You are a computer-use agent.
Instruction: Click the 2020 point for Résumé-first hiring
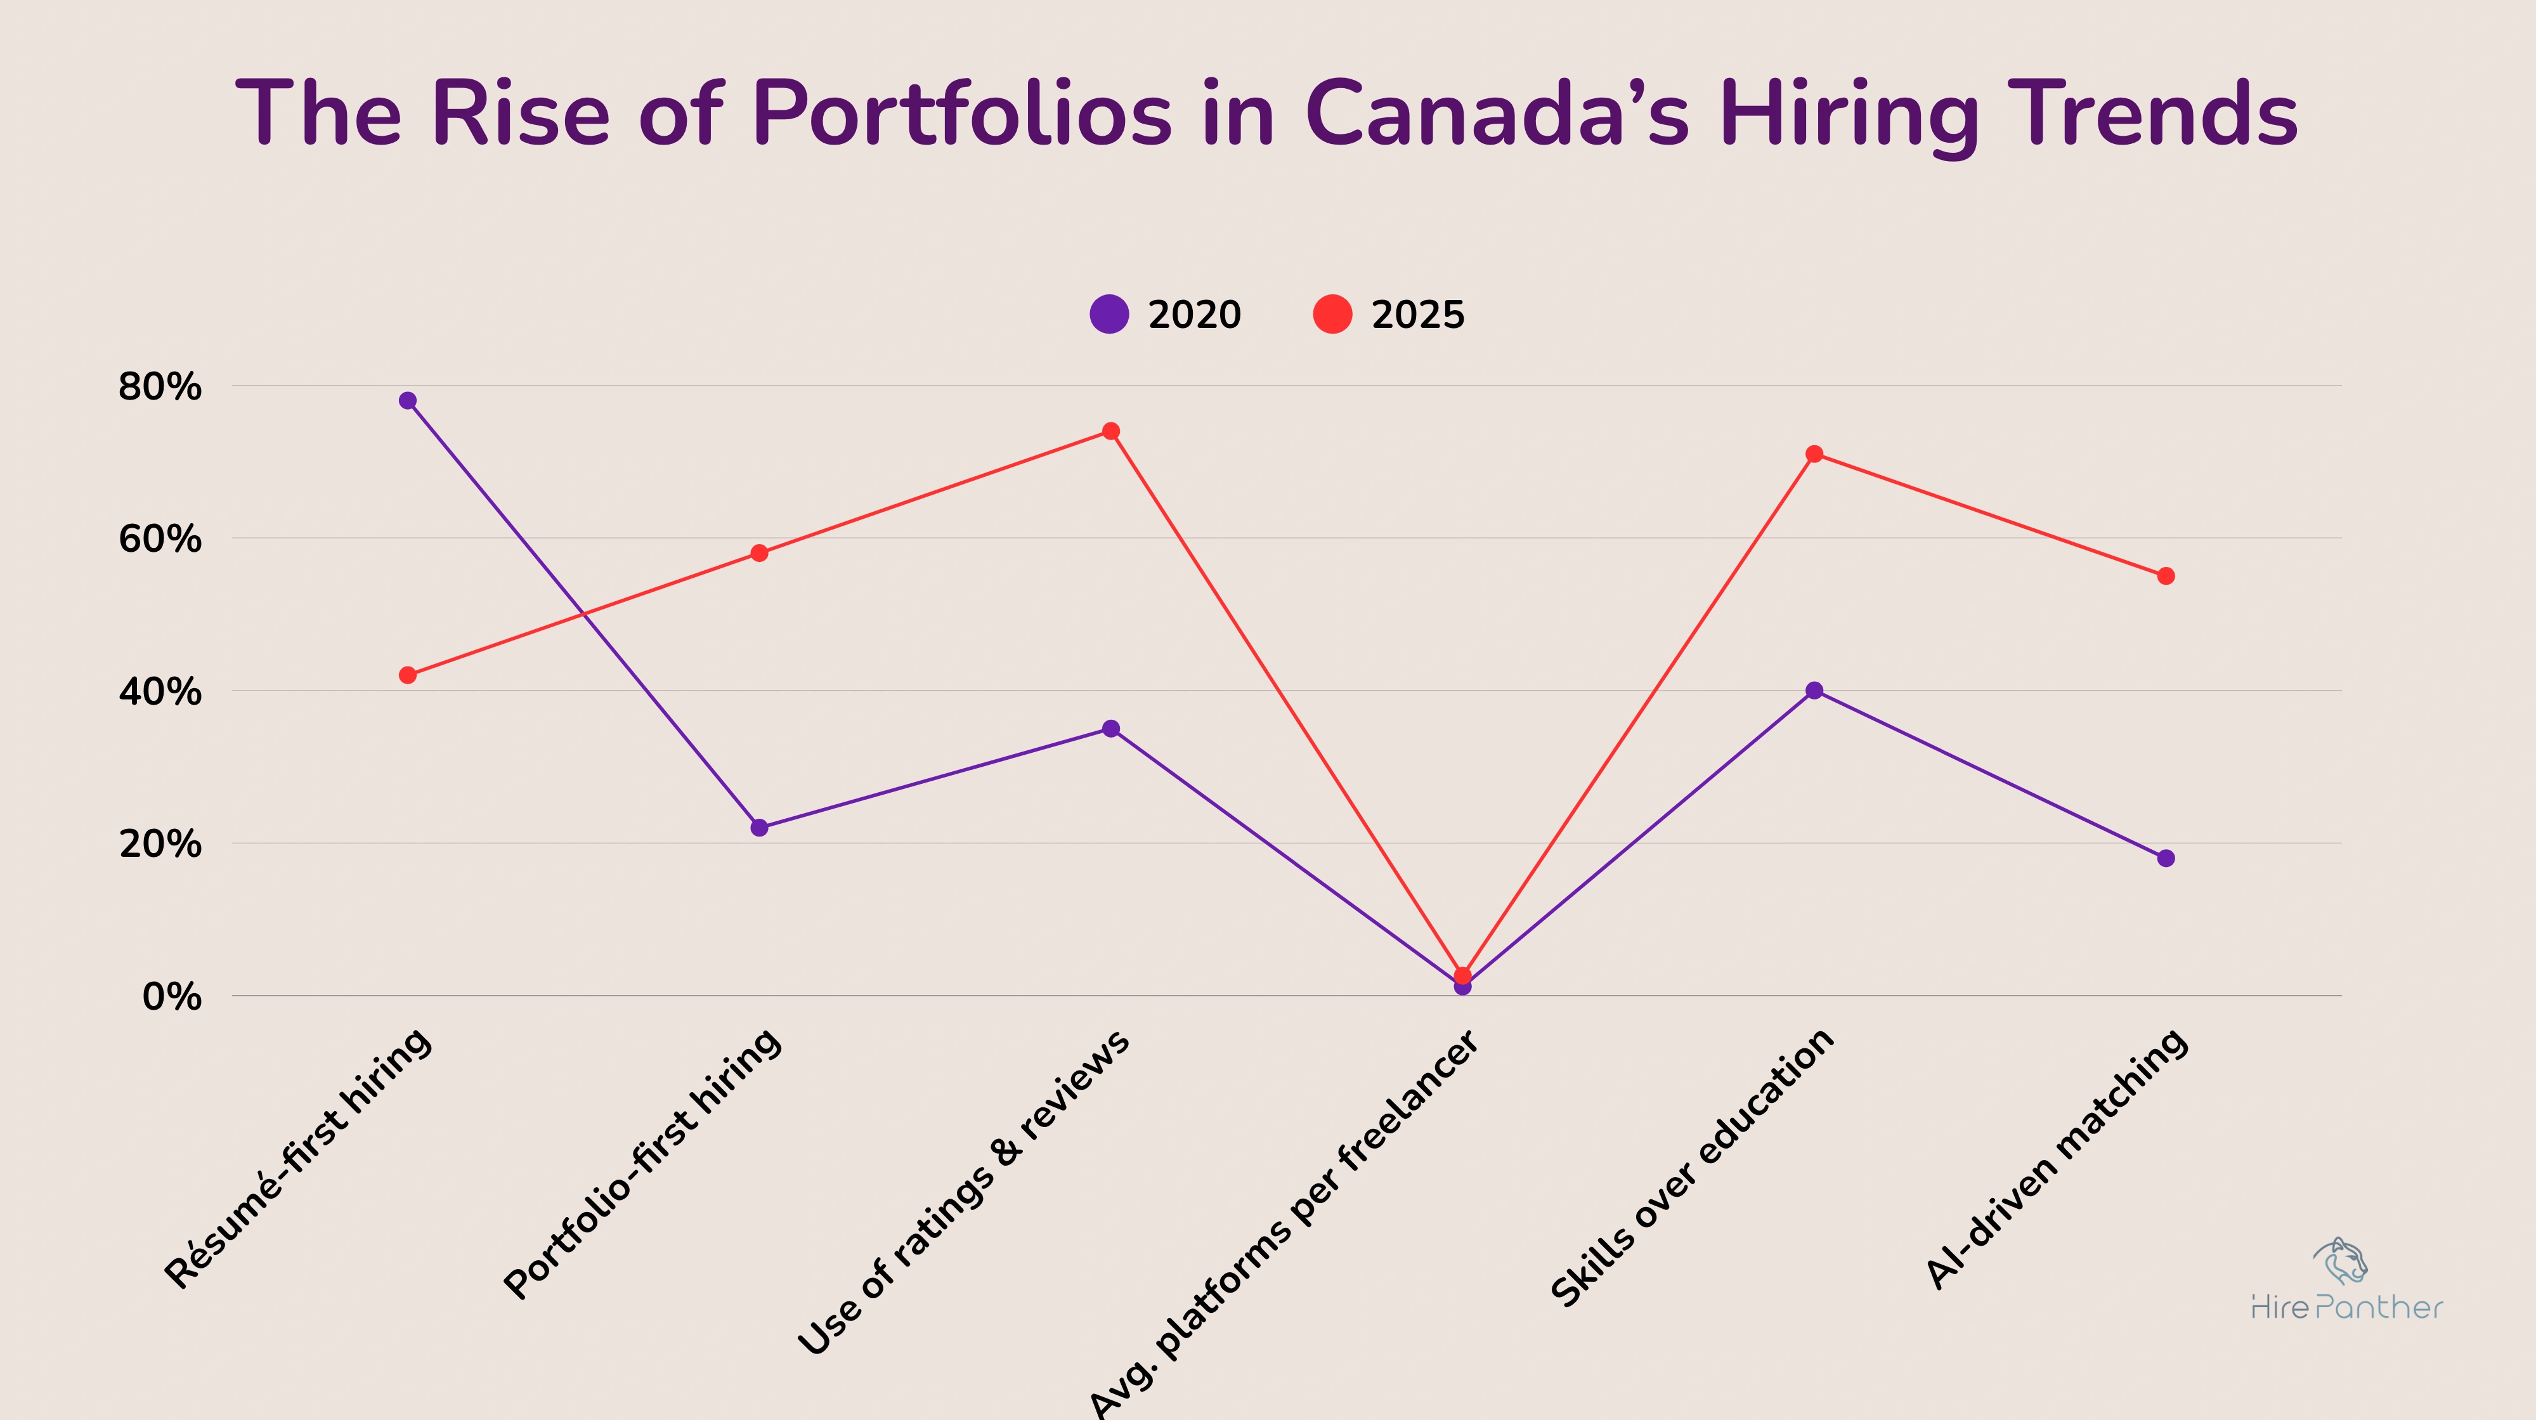408,401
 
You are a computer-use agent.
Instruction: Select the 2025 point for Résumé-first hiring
408,675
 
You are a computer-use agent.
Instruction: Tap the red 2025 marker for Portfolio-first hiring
759,554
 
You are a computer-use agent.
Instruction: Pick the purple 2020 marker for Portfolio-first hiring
759,828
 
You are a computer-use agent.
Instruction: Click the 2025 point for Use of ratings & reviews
1110,431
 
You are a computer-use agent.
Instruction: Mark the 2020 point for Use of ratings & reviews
1110,729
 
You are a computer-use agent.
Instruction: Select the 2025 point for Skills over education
1814,454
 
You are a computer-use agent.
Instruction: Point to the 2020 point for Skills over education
1814,690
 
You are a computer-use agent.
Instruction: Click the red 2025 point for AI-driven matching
2166,576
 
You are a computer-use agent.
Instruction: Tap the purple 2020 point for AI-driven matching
2166,859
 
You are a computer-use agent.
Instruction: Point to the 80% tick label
159,387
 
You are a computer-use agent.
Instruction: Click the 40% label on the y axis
159,693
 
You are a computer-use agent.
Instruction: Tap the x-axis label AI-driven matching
2058,1159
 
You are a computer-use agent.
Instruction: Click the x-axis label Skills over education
1693,1168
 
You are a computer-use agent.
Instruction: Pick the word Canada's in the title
1497,114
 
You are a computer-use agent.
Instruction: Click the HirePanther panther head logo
2341,1261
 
